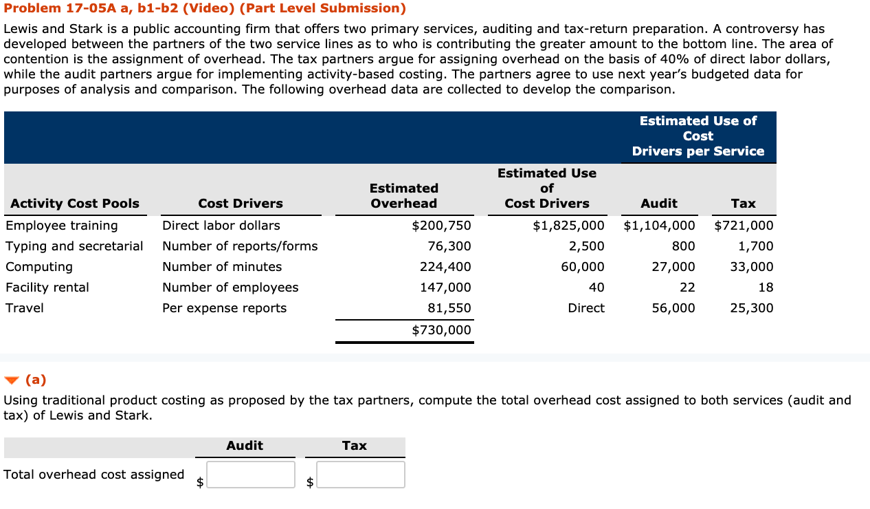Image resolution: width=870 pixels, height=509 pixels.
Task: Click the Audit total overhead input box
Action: click(x=251, y=475)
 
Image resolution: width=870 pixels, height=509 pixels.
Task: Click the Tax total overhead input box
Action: click(x=361, y=475)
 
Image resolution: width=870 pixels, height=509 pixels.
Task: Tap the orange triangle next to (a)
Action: click(x=12, y=380)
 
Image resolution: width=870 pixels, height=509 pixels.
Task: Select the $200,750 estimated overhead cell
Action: click(x=441, y=226)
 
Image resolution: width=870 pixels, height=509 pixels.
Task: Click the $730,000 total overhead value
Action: click(x=441, y=330)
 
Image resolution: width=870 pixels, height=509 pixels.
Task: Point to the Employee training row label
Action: click(x=62, y=226)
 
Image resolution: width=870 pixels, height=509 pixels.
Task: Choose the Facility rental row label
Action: click(x=47, y=288)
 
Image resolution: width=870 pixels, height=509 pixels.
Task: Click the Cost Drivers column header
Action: click(x=241, y=204)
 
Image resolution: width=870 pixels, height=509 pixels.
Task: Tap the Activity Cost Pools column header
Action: click(x=75, y=204)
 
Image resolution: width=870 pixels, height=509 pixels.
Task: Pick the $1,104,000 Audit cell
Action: click(x=659, y=226)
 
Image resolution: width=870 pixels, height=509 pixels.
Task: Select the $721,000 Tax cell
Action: click(x=744, y=226)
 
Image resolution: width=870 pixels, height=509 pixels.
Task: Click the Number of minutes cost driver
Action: click(x=222, y=267)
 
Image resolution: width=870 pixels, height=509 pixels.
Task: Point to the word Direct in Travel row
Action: click(x=586, y=308)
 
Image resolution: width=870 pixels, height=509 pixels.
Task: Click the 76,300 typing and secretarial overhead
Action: click(x=449, y=246)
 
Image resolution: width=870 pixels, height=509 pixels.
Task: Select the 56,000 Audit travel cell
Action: click(x=673, y=308)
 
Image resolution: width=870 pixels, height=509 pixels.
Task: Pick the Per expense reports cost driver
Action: click(x=224, y=308)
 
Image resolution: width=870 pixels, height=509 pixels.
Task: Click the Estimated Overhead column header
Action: click(x=404, y=196)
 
